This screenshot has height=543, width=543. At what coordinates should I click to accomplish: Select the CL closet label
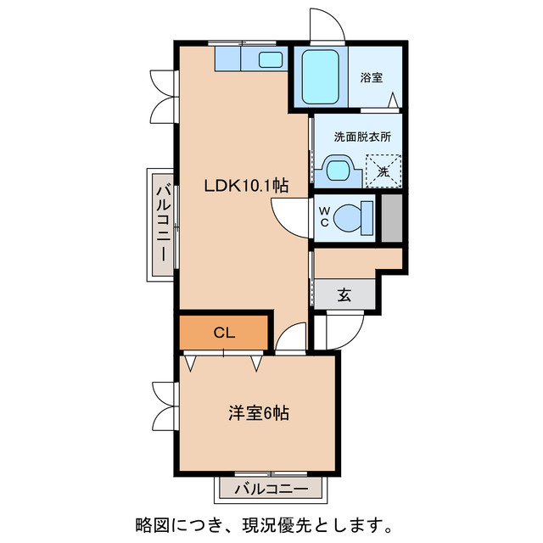tap(224, 332)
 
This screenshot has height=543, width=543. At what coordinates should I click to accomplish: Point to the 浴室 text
tap(372, 78)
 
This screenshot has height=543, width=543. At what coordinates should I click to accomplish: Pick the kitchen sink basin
tap(271, 59)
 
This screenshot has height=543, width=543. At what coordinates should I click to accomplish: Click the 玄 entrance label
tap(344, 294)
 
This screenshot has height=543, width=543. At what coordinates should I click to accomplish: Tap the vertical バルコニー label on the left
tap(161, 224)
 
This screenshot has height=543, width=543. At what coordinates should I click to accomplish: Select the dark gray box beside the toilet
tap(391, 217)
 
